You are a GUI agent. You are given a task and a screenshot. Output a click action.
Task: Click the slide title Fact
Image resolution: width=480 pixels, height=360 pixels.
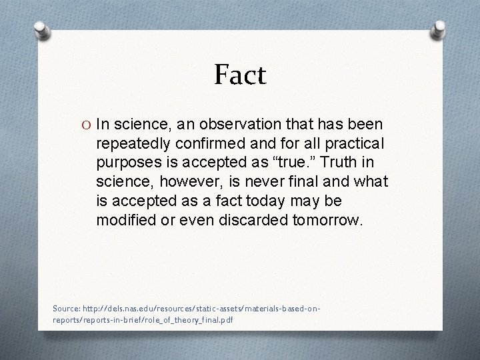[x=240, y=75]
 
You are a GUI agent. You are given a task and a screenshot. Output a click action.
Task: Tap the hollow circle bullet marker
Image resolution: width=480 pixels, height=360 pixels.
[x=87, y=124]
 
